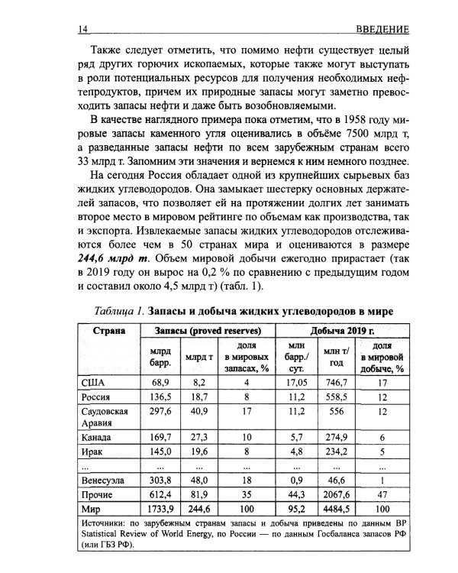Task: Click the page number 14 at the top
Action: coord(83,29)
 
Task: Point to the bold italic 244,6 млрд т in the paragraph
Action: coord(114,258)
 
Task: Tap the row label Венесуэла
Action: coord(105,481)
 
